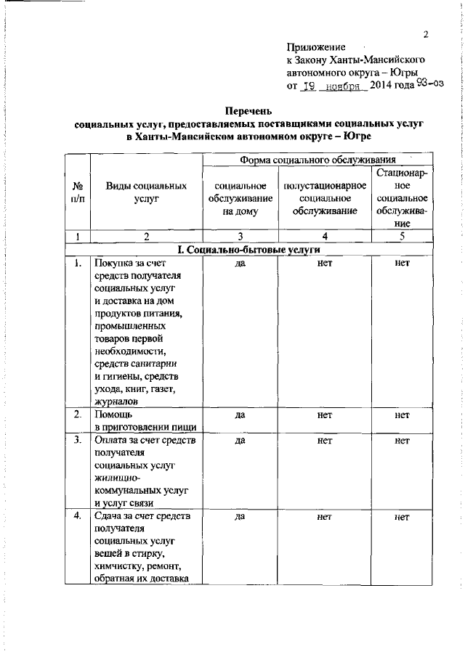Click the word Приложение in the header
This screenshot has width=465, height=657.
(x=317, y=46)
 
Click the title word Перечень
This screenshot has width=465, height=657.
(x=249, y=111)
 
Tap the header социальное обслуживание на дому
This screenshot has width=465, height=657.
(x=238, y=198)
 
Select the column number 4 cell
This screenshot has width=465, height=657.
(x=325, y=235)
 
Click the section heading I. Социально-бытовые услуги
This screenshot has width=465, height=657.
(x=249, y=249)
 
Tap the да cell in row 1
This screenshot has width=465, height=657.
(x=239, y=263)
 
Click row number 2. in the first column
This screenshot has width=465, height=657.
(x=77, y=414)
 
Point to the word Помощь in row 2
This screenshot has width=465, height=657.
(x=111, y=414)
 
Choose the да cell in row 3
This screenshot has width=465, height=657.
(x=239, y=440)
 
